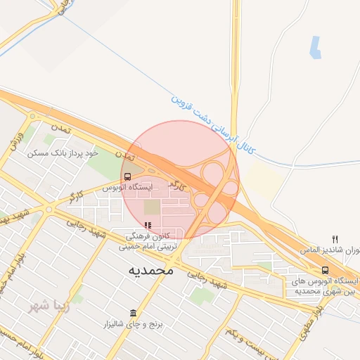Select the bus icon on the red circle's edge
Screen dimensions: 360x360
[x=127, y=176]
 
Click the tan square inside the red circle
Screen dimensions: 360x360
[x=153, y=207]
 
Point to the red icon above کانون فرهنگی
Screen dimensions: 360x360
[x=148, y=225]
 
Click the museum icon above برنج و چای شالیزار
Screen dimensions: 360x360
[x=133, y=313]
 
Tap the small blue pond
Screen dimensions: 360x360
[x=316, y=47]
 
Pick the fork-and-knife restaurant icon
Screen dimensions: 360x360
[x=335, y=239]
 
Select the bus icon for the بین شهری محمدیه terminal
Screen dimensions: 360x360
[x=325, y=270]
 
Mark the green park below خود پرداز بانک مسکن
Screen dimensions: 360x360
[x=104, y=167]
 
